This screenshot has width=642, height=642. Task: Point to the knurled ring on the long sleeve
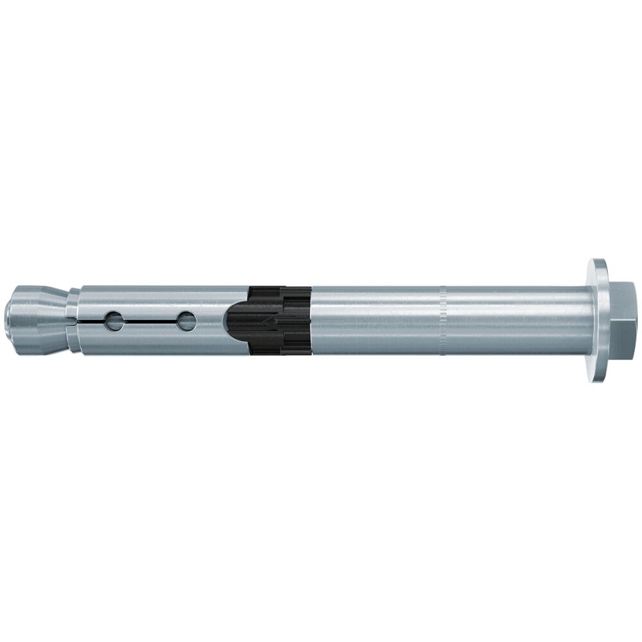442,320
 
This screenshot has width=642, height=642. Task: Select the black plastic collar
282,319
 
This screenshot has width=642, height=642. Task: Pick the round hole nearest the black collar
186,320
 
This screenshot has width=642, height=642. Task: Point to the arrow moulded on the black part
266,319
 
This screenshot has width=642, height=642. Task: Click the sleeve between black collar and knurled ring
376,320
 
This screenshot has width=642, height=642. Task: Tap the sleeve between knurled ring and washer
514,320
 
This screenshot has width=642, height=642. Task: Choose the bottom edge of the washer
598,379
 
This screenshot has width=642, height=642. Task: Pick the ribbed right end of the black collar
302,319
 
